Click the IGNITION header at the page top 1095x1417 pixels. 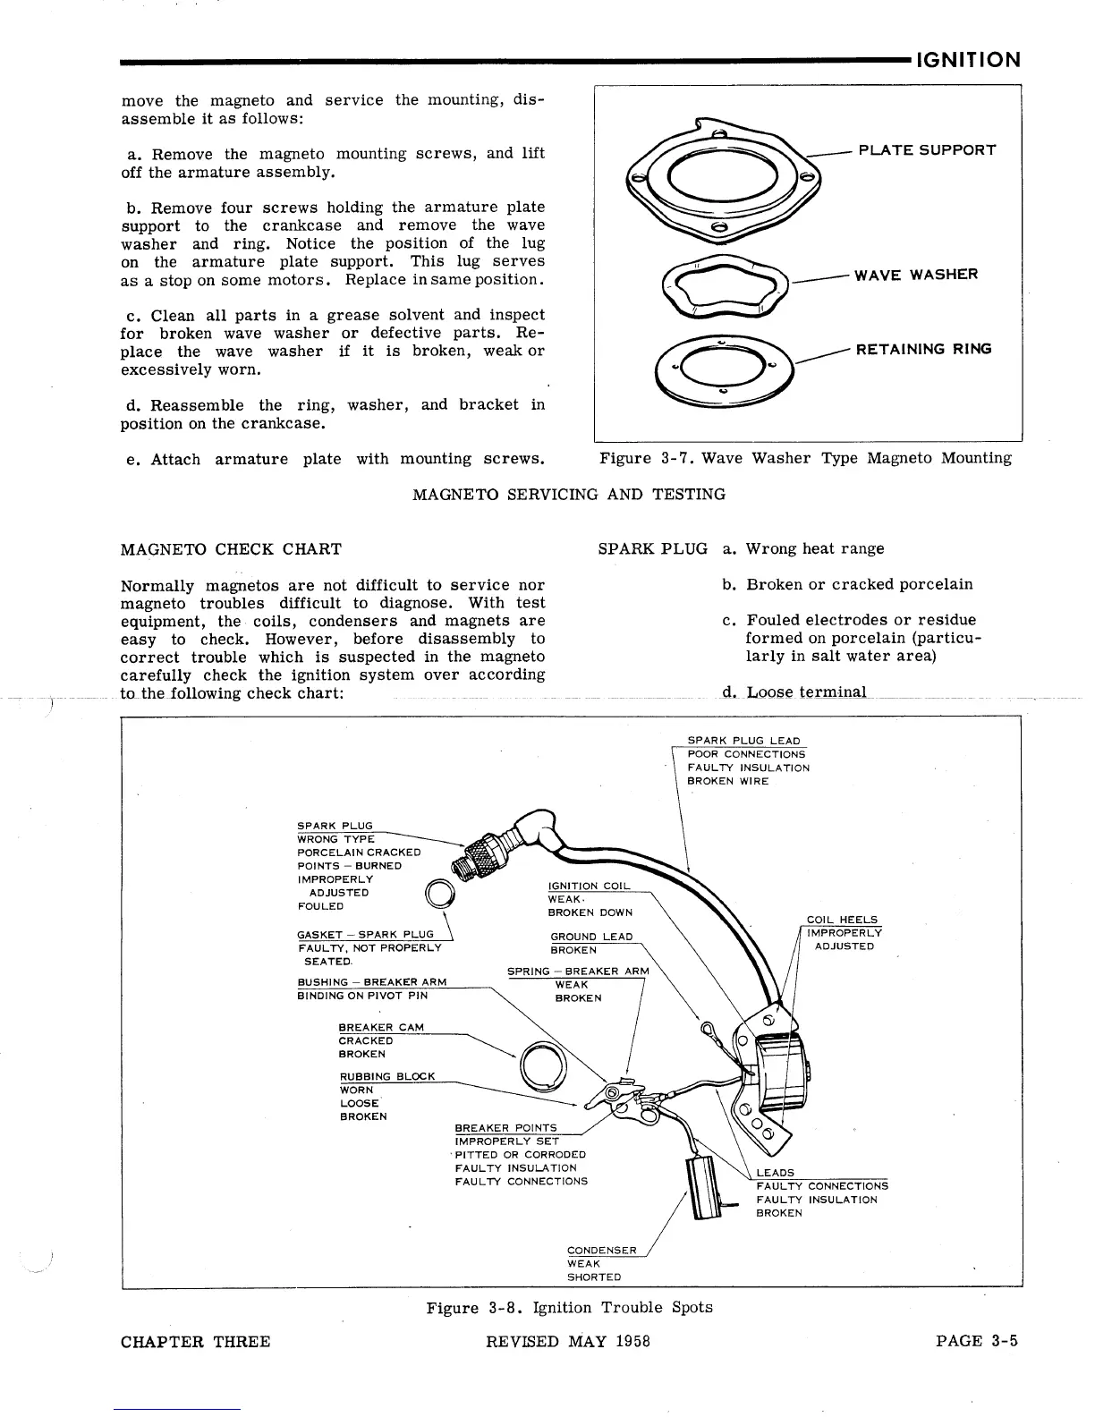click(968, 60)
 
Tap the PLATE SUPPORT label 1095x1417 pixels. click(927, 149)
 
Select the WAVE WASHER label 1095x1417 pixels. click(916, 274)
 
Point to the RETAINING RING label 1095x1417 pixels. click(923, 349)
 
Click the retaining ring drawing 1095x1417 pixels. click(725, 366)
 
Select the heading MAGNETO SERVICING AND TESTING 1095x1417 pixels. click(569, 494)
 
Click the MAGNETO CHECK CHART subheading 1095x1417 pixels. click(231, 548)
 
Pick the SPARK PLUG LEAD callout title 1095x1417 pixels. click(743, 741)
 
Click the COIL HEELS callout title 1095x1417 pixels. click(842, 920)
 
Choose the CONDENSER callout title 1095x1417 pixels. click(602, 1251)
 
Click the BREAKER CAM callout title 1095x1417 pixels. click(381, 1027)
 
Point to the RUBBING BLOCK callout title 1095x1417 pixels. click(387, 1076)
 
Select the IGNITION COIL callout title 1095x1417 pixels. click(589, 886)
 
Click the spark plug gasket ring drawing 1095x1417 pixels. click(440, 894)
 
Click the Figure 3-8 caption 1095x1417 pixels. click(569, 1308)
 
